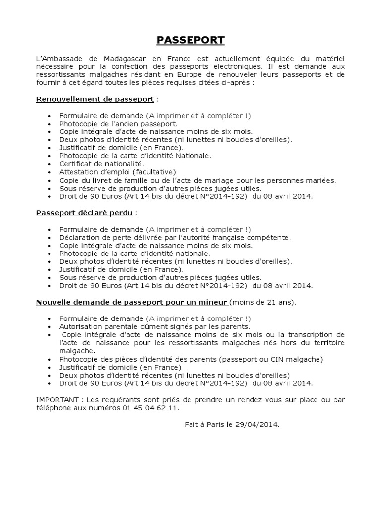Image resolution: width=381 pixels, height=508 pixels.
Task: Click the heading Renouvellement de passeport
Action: coord(95,99)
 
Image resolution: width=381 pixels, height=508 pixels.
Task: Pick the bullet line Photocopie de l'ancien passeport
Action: coord(118,124)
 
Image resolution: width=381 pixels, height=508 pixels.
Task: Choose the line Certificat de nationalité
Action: coord(102,164)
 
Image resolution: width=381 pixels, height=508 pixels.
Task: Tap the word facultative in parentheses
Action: coord(148,172)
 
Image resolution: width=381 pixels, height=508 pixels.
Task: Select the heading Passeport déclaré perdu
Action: coord(84,213)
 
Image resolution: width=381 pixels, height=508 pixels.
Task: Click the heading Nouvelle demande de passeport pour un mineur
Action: coord(132,302)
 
